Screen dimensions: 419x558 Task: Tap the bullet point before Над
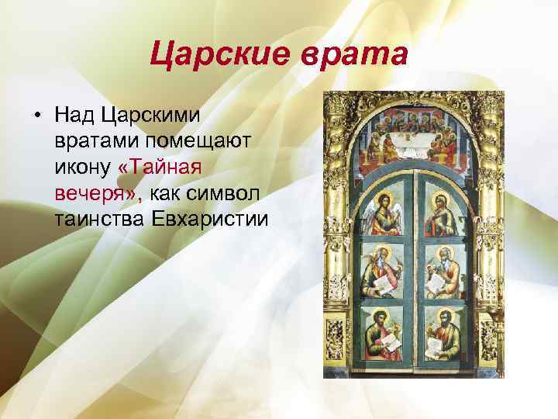point(36,116)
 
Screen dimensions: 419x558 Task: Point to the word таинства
point(98,218)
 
